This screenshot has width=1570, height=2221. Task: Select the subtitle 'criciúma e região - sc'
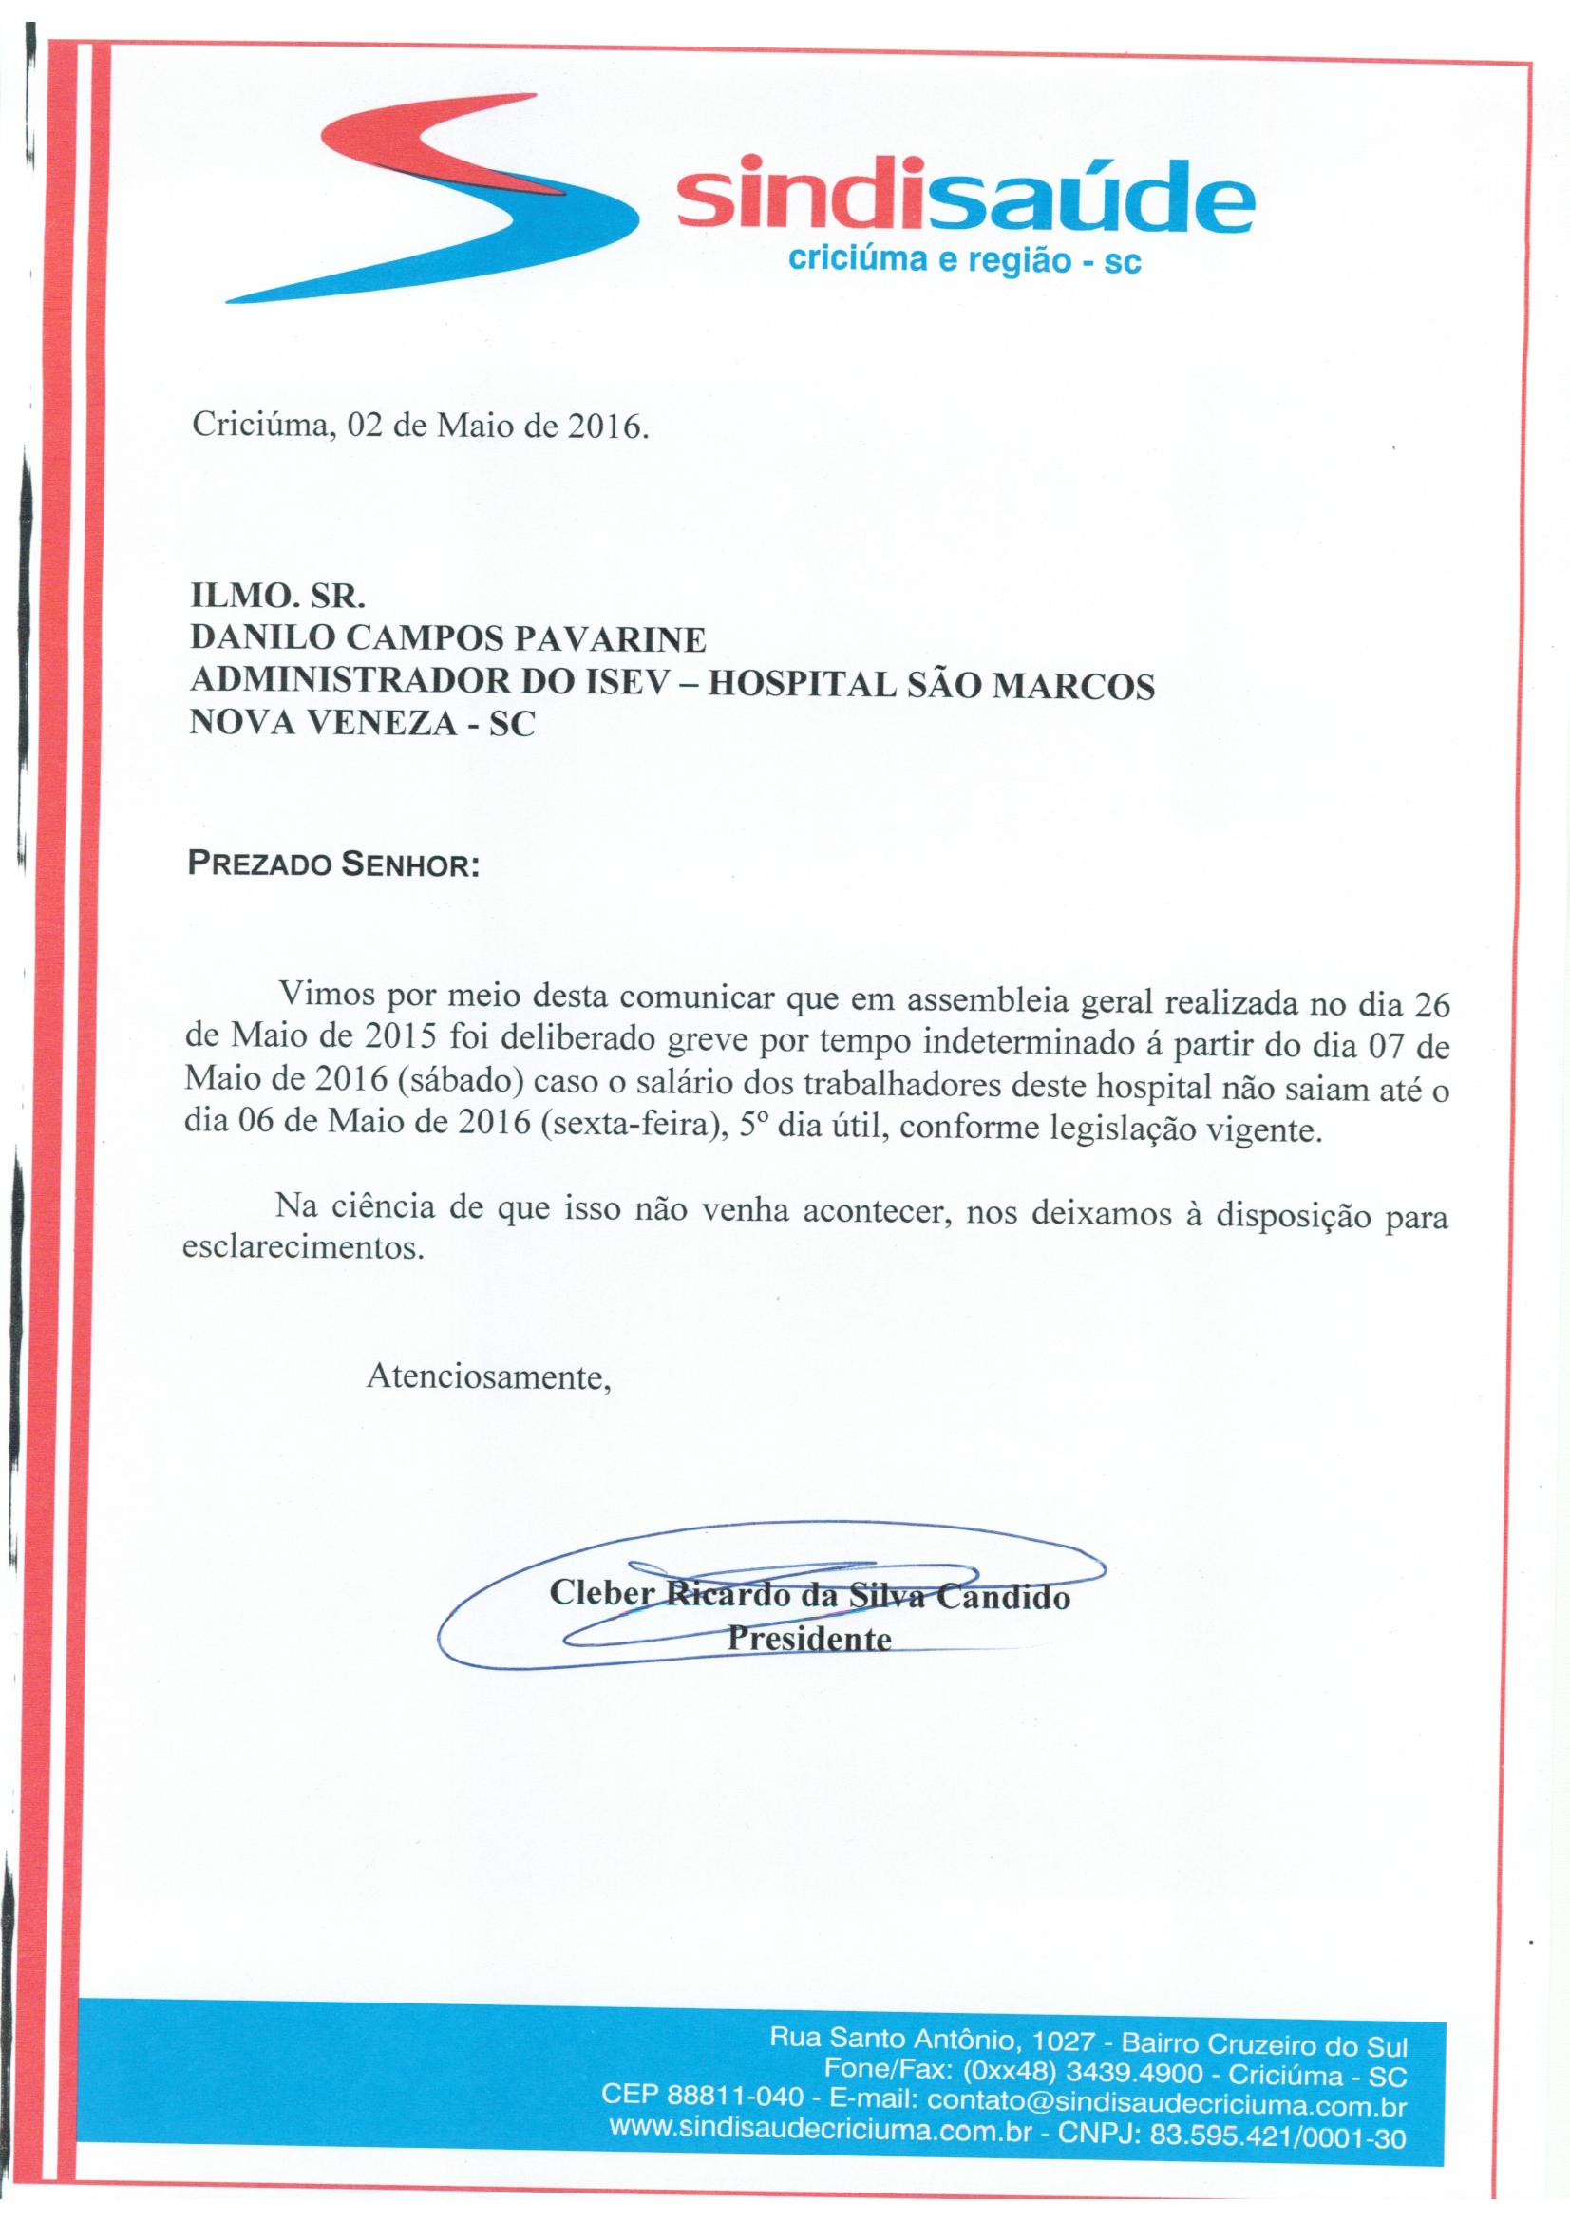pos(965,259)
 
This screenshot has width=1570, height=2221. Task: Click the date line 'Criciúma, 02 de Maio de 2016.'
pos(418,426)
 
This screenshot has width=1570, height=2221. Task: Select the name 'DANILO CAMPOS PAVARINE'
pos(449,639)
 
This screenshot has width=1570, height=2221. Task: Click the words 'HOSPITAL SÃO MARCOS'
pos(933,685)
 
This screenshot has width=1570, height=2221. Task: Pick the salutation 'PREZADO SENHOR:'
pos(333,864)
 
